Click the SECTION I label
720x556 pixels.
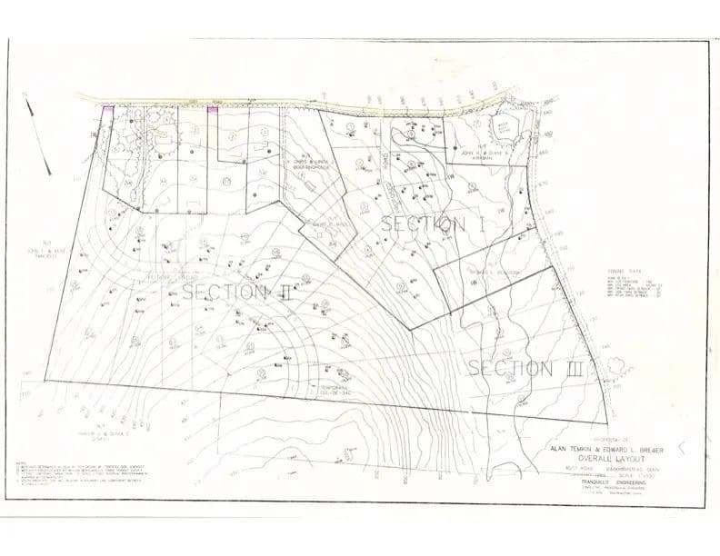click(431, 223)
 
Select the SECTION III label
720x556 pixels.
click(525, 368)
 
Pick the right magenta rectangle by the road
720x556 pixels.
click(212, 111)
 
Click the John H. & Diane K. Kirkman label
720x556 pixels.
click(476, 155)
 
